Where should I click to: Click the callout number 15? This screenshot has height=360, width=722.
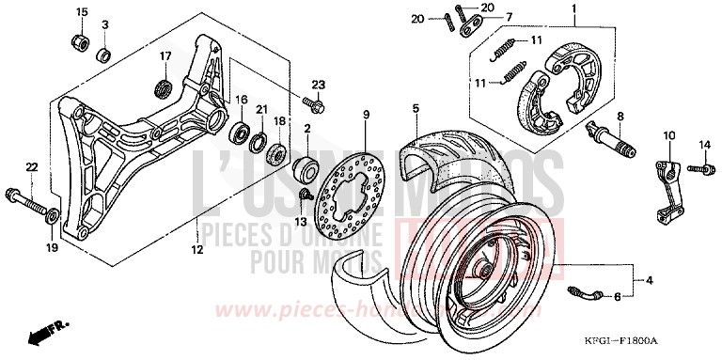(x=81, y=12)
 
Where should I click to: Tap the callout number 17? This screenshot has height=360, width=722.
(x=166, y=55)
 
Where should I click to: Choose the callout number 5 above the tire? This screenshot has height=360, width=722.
(x=415, y=110)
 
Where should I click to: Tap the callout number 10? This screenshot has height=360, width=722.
(x=670, y=137)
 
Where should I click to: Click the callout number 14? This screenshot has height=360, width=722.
(x=702, y=144)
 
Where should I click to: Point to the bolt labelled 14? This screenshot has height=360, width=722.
(x=696, y=169)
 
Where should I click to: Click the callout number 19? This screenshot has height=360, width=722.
(x=53, y=247)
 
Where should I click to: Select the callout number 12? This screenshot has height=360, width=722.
(x=197, y=250)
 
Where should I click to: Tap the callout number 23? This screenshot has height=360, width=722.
(x=318, y=84)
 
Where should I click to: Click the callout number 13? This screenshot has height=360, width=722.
(x=302, y=221)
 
